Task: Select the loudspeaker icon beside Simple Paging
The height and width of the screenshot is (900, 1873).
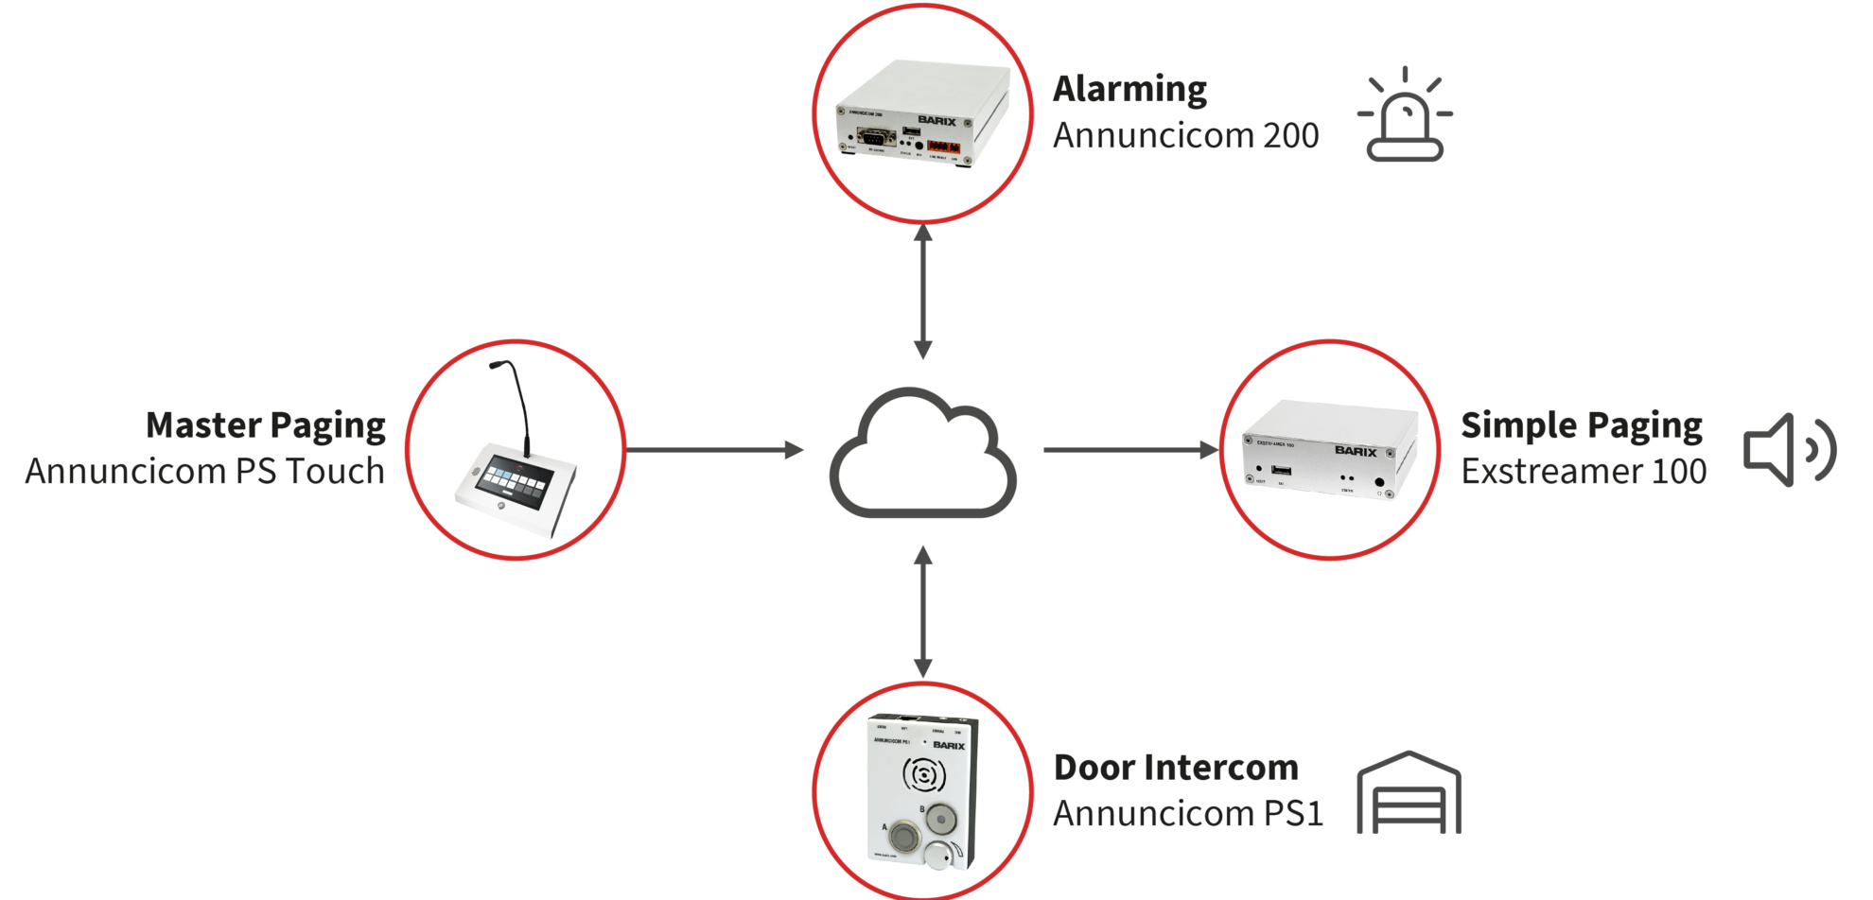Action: click(x=1789, y=451)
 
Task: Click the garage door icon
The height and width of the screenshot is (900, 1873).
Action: click(x=1409, y=793)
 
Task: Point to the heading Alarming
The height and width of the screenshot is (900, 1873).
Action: click(x=1129, y=89)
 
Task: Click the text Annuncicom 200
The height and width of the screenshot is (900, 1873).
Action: click(x=1185, y=135)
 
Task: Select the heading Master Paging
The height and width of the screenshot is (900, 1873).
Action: click(x=266, y=425)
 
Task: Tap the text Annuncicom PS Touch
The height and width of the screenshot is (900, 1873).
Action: click(x=205, y=471)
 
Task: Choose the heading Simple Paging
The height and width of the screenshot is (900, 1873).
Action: click(x=1581, y=425)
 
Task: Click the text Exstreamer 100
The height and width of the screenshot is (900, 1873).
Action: click(x=1584, y=471)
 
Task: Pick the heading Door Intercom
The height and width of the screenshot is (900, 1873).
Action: click(x=1176, y=768)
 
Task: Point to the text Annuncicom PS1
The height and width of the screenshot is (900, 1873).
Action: click(x=1188, y=813)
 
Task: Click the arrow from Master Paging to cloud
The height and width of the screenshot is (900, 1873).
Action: click(x=714, y=450)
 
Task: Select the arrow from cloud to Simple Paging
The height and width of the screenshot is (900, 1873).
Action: click(x=1130, y=450)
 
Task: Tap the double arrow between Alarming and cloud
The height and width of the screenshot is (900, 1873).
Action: click(x=923, y=292)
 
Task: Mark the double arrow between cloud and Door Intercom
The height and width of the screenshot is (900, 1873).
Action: click(x=923, y=613)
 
